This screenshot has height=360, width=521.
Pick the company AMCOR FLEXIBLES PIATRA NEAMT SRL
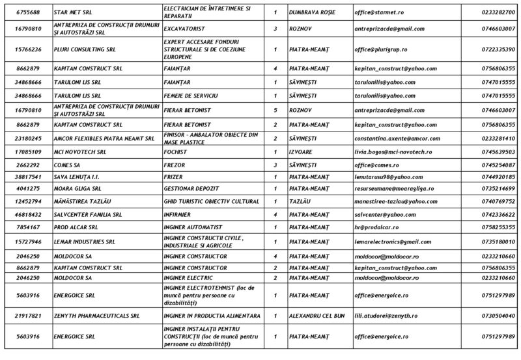pos(104,138)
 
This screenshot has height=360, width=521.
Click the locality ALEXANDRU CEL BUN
pos(319,315)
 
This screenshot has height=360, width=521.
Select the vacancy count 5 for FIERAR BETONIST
pos(275,110)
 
